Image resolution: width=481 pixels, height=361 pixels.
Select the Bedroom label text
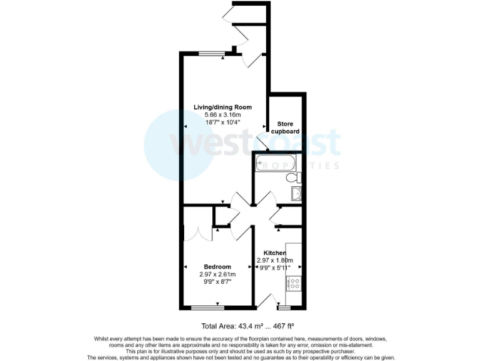(x=217, y=266)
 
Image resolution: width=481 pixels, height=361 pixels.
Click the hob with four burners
(x=294, y=283)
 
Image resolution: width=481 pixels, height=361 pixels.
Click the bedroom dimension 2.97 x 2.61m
(x=217, y=274)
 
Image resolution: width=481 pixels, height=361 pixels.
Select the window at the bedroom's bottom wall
(x=208, y=307)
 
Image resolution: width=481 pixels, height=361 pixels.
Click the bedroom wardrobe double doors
(x=197, y=233)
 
